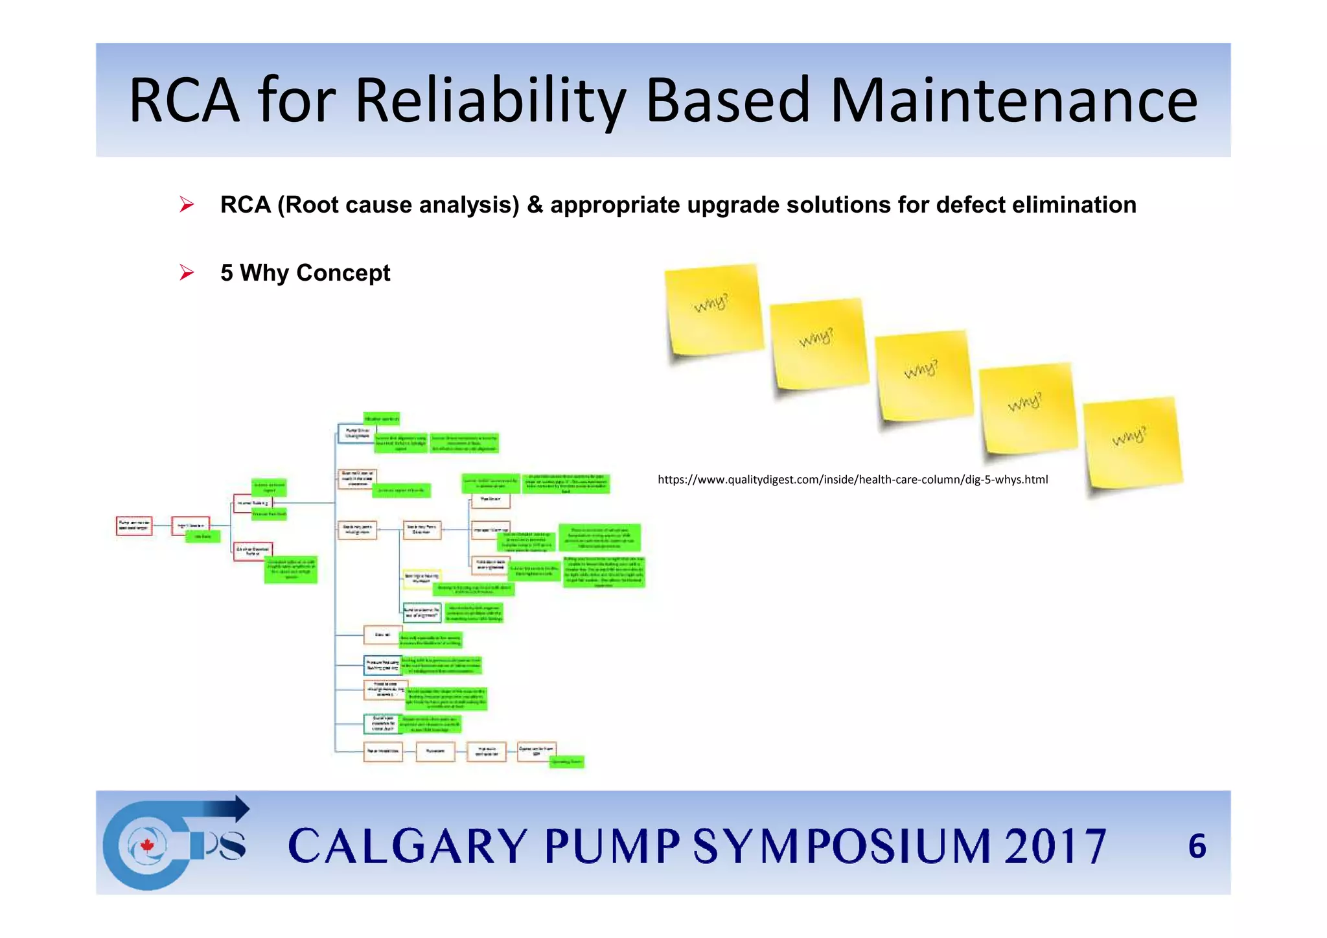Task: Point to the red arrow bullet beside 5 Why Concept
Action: tap(187, 273)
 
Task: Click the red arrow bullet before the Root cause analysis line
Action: tap(187, 205)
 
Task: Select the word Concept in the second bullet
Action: tap(343, 273)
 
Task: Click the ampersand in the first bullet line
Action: tap(535, 205)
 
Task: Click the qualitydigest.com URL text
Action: tap(852, 480)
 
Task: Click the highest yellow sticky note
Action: tap(713, 310)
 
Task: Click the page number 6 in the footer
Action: tap(1197, 847)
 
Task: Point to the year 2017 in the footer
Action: tap(1055, 847)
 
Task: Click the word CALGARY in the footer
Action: tap(407, 847)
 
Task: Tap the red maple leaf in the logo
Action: tap(147, 845)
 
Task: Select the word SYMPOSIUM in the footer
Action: tap(842, 847)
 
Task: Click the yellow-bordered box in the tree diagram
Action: tap(422, 578)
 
